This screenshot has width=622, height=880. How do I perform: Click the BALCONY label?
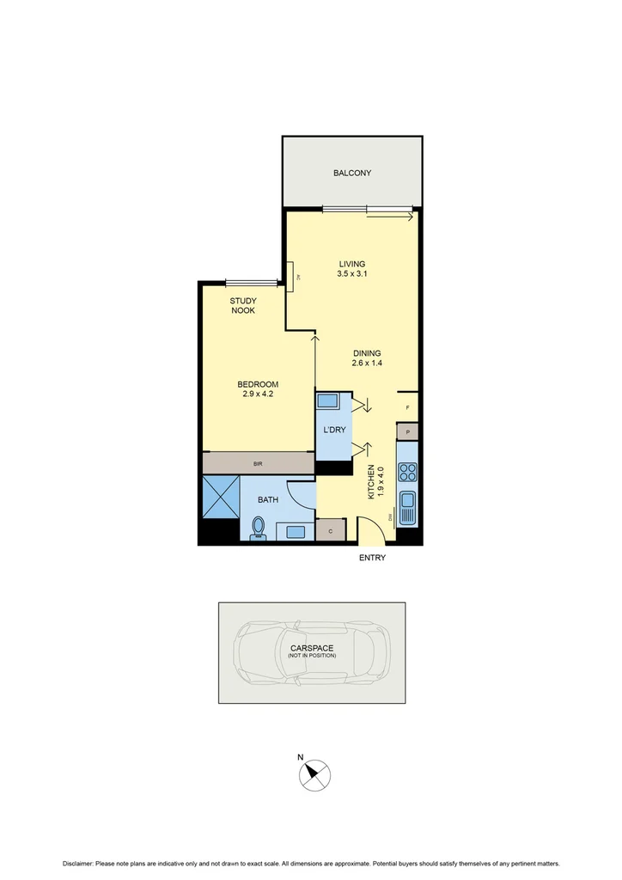pos(352,173)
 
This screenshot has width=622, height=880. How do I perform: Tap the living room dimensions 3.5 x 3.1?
pos(352,274)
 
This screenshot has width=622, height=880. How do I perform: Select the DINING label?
pos(367,353)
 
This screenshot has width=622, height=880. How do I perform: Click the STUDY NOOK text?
pos(243,305)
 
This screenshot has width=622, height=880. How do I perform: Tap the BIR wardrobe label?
pos(258,464)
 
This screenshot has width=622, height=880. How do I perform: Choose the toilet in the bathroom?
pos(258,528)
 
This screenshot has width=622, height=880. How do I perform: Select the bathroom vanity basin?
pos(296,531)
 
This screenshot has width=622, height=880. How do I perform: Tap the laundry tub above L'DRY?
pos(327,401)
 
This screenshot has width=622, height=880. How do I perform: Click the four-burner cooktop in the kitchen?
pos(407,472)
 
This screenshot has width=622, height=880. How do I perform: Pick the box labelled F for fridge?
pos(407,407)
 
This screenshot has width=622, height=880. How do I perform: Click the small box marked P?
pos(407,431)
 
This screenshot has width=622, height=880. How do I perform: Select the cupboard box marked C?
pos(331,532)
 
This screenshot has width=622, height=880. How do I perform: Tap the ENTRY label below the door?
pos(373,558)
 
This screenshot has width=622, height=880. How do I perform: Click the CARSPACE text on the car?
pos(311,648)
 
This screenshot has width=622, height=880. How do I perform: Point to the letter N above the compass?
pos(301,757)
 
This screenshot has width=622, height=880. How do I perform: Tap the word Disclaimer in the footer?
pos(82,862)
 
